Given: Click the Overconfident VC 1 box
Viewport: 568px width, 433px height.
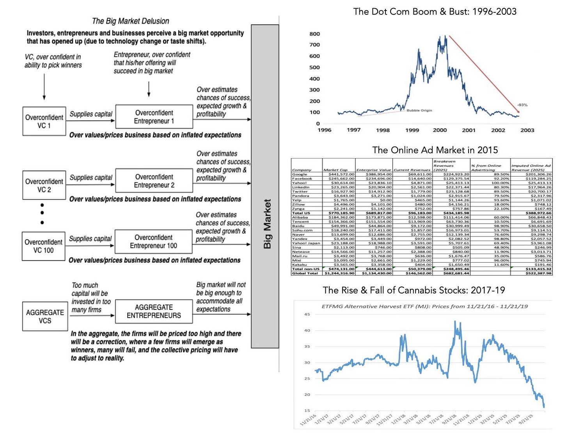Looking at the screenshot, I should coord(44,121).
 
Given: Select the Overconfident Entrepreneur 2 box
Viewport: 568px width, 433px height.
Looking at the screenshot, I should coord(154,181).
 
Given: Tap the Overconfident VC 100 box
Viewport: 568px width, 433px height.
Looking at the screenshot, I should coord(43,246).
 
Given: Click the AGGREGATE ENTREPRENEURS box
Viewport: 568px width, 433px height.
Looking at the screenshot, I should coord(154,311).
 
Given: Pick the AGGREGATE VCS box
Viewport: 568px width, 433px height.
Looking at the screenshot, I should coord(45,316).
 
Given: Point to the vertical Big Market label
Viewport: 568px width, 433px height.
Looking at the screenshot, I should coord(267,224).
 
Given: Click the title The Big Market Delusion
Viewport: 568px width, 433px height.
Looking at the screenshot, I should coord(130,21).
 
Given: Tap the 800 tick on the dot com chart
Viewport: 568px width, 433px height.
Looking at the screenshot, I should coord(314,34).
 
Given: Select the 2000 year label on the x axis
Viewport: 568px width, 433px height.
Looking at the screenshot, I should coord(440,130).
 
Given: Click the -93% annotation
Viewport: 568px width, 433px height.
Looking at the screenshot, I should coord(522,105).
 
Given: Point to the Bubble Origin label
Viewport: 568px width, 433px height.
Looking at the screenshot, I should coord(419,110).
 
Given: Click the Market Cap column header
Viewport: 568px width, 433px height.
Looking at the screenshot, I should coord(335,170).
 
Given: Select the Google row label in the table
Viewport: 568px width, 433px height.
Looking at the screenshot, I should coord(300,174).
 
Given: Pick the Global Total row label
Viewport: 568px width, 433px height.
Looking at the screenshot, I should coord(305,273).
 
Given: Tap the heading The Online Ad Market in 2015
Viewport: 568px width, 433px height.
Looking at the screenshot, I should coord(435,150).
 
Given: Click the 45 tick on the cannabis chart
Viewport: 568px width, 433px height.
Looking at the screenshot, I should coord(307,314).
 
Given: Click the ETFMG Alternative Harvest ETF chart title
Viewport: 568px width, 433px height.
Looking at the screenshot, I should coord(424,306).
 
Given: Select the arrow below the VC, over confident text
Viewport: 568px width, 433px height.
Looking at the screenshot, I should coord(44,87).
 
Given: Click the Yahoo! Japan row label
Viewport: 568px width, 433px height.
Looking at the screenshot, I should coord(306,243).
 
